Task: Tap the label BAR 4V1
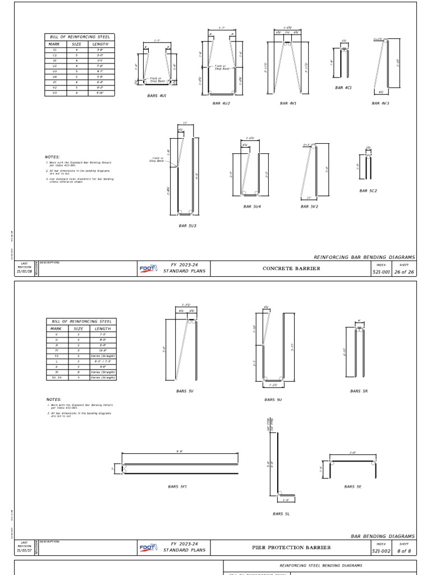(288, 103)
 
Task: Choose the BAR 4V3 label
(380, 103)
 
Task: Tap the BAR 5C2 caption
(368, 190)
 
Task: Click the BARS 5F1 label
(177, 486)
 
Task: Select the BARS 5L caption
(281, 514)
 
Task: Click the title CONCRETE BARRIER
(292, 269)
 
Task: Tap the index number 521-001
(381, 271)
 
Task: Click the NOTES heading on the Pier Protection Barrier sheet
(53, 400)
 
